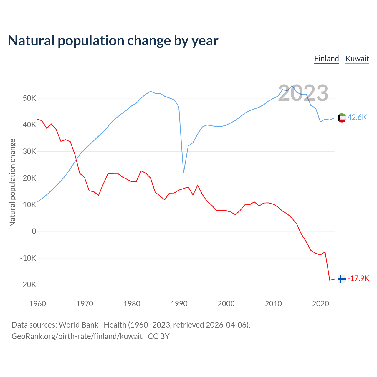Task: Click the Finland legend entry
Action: (x=327, y=59)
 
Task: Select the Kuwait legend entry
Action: (x=357, y=59)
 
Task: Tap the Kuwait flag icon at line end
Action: (x=342, y=118)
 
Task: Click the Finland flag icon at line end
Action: (x=341, y=279)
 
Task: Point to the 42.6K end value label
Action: (x=357, y=117)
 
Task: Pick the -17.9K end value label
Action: (x=358, y=278)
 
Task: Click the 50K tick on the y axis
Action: (x=29, y=98)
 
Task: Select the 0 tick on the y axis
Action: (x=34, y=231)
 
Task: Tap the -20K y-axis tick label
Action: (x=28, y=285)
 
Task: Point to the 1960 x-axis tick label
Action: (x=38, y=304)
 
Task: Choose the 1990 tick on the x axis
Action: (x=179, y=304)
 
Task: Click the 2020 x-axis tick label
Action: (x=320, y=304)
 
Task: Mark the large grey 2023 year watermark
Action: (x=303, y=93)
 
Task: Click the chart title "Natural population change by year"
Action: (x=113, y=40)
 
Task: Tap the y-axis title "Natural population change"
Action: (x=12, y=183)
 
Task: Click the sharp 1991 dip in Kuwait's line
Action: (x=183, y=172)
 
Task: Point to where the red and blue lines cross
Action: (x=76, y=159)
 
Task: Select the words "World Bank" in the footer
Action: (x=78, y=325)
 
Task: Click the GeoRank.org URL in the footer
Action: (x=77, y=336)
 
